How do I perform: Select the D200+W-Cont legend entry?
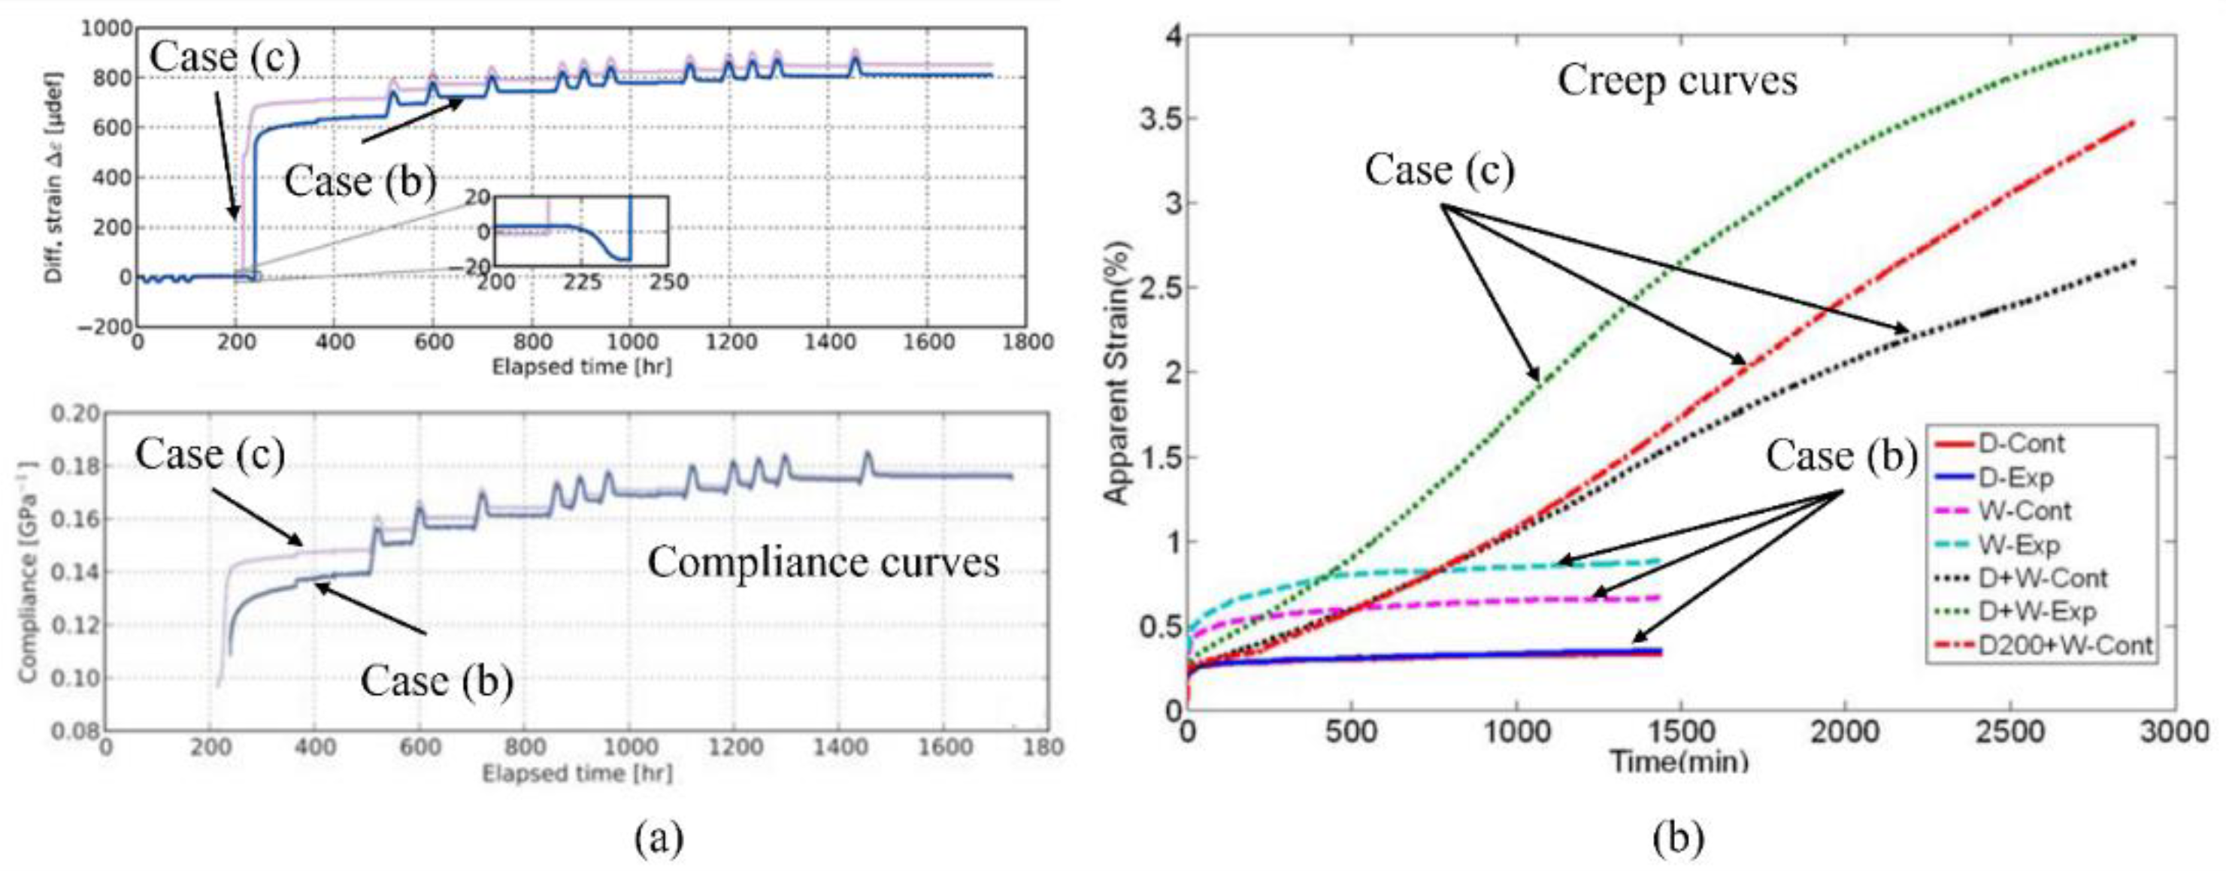pos(2064,645)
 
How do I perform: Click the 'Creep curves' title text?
pos(1677,82)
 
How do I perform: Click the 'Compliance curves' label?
pos(822,563)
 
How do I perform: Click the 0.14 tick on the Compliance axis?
pos(75,572)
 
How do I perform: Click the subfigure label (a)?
pos(659,838)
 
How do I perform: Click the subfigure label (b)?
pos(1677,838)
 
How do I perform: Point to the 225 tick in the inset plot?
pos(582,282)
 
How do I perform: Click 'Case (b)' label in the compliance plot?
pos(436,681)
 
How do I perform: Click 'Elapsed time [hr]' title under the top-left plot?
pos(580,367)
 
